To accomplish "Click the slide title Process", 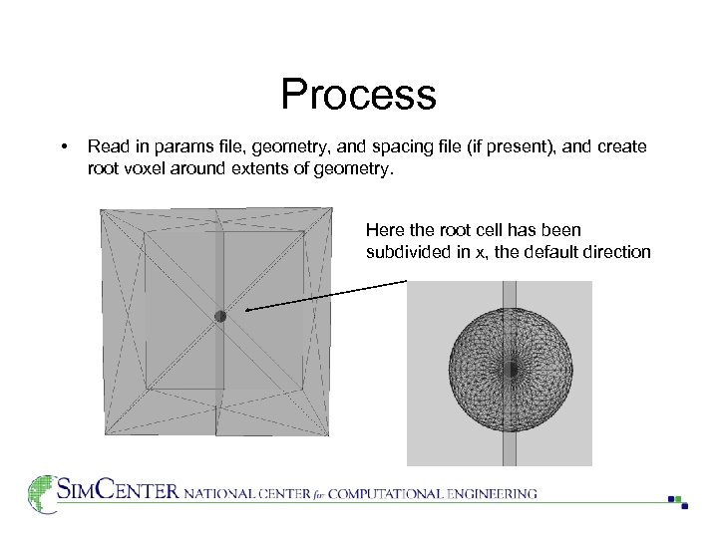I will pyautogui.click(x=358, y=95).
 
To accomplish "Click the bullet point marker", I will pyautogui.click(x=65, y=147).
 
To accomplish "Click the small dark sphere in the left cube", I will pyautogui.click(x=220, y=316).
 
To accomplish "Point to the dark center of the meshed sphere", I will pyautogui.click(x=510, y=369).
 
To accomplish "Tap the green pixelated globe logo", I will pyautogui.click(x=42, y=493).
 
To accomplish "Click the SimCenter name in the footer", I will pyautogui.click(x=118, y=491).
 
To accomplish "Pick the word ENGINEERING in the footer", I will pyautogui.click(x=491, y=493).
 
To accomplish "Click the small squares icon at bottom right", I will pyautogui.click(x=677, y=500).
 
